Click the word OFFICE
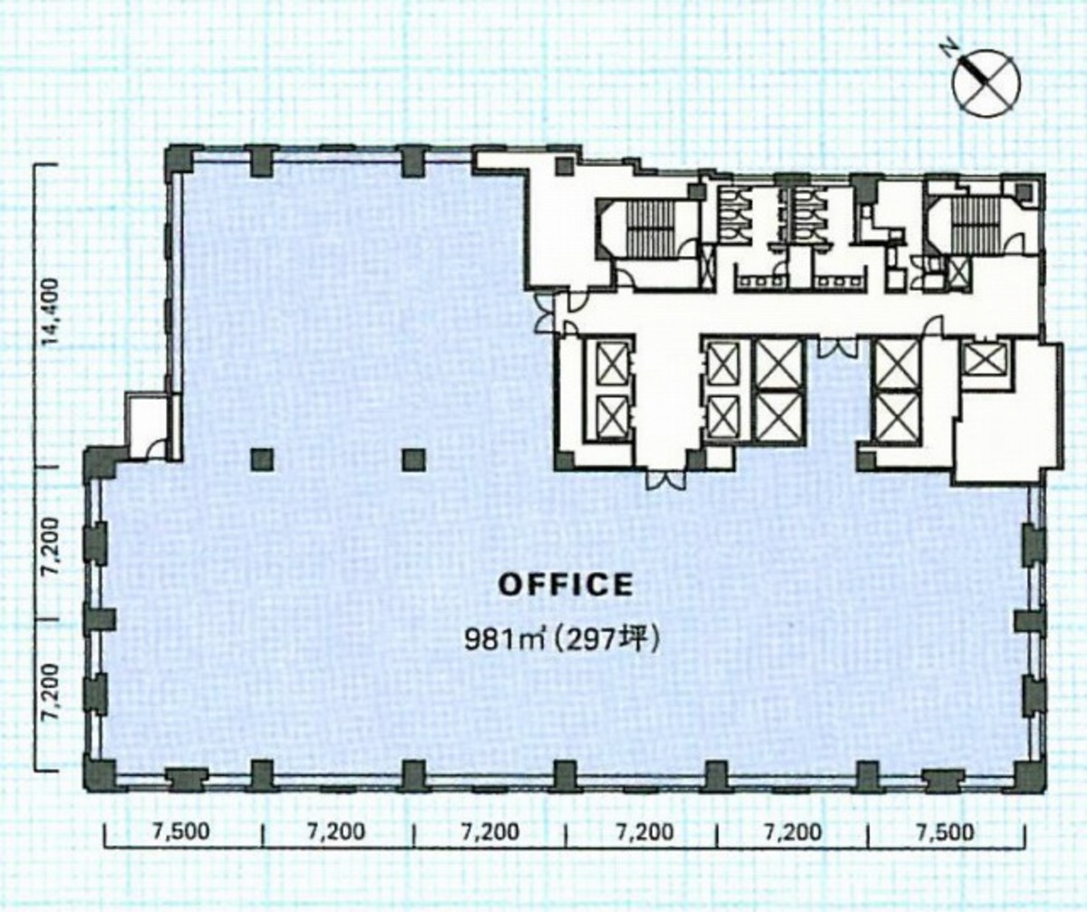pos(566,585)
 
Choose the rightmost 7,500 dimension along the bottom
pos(946,832)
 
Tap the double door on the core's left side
pos(546,314)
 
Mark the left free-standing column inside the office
pos(262,460)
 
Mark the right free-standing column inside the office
pos(413,460)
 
